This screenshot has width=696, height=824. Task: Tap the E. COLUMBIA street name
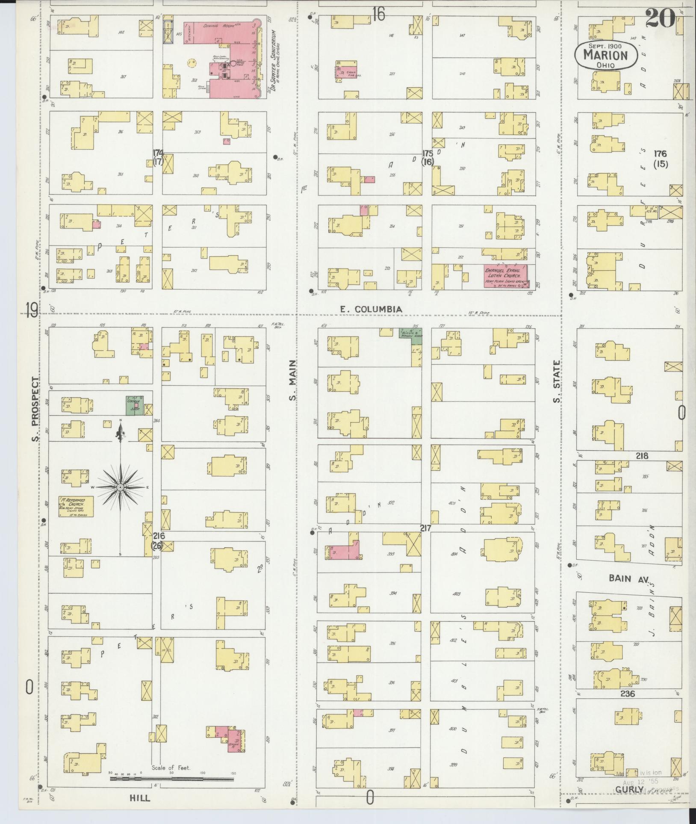[x=371, y=309]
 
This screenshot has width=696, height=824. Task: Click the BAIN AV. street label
[x=628, y=578]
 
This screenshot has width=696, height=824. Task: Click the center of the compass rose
[x=121, y=487]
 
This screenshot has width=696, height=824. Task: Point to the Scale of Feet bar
[x=171, y=779]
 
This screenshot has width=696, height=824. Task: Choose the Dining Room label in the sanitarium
[x=219, y=26]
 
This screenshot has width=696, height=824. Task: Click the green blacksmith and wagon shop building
[x=410, y=334]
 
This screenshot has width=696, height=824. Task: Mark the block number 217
[x=425, y=528]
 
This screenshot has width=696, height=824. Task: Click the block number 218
[x=642, y=456]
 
